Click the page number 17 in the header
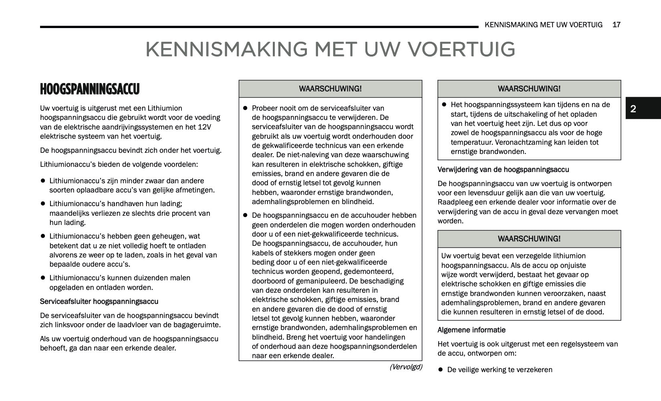click(617, 25)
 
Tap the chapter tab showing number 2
click(633, 109)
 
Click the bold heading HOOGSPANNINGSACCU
click(90, 89)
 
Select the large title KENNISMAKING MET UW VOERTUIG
click(330, 49)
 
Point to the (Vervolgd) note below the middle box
click(406, 367)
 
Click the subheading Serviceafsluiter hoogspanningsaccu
click(99, 302)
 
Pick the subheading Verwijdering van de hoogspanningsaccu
click(503, 170)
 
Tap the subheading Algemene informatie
click(471, 330)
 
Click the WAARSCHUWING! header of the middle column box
click(330, 89)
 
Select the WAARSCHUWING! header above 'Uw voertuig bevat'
click(529, 239)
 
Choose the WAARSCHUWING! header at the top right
click(529, 89)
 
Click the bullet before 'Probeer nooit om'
click(246, 108)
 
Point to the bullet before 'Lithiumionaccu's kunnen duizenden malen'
click(42, 278)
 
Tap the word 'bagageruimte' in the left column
click(200, 325)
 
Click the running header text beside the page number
click(543, 25)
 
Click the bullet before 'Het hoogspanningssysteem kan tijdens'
click(444, 105)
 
